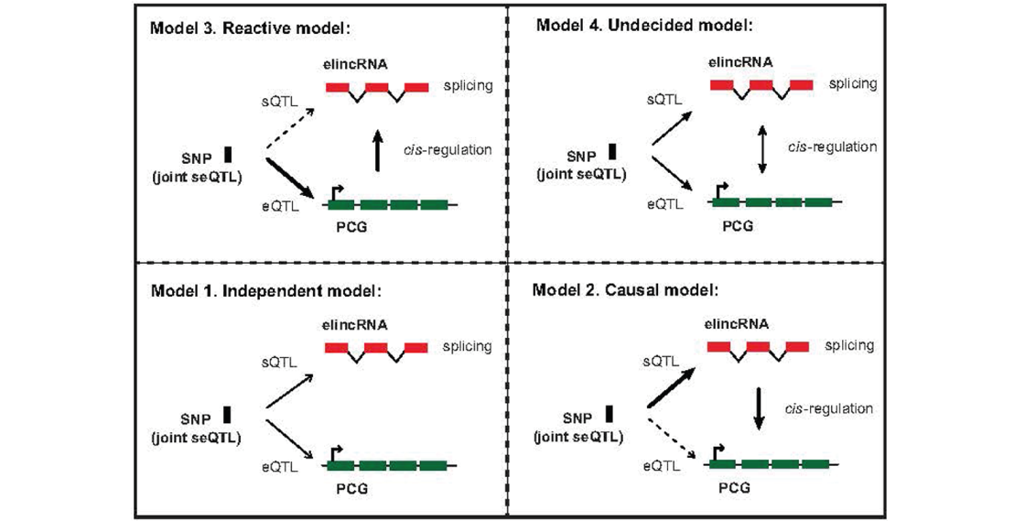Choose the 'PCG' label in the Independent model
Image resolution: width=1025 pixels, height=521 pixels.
352,488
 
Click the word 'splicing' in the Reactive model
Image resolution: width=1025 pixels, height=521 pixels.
468,86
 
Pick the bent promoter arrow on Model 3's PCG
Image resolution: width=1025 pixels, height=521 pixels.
337,192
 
